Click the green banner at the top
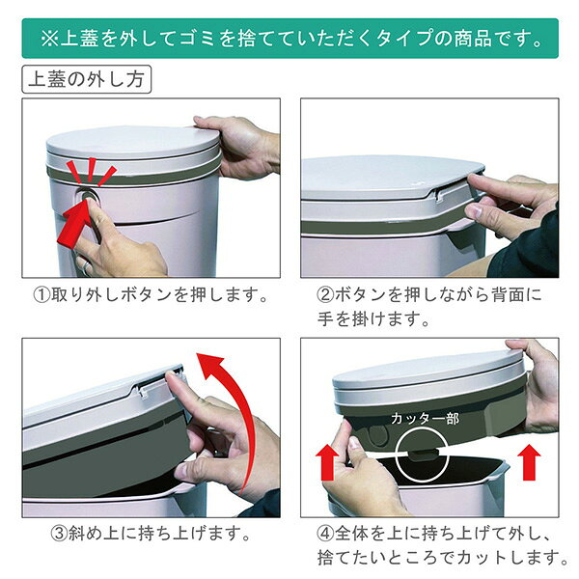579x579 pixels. pos(289,39)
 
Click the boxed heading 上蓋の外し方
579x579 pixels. pos(87,79)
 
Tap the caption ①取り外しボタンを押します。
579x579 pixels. pos(151,295)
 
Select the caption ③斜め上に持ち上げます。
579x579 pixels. pos(151,534)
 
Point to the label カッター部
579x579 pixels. pos(425,419)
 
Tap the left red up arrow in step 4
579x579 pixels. pos(327,462)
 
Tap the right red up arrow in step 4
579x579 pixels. pos(529,462)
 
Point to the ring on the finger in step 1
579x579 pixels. pos(85,267)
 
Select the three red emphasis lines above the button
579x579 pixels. pos(92,171)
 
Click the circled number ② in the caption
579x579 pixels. pos(326,295)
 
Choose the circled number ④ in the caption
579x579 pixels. pos(326,534)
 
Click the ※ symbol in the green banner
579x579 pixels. pos(50,39)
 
